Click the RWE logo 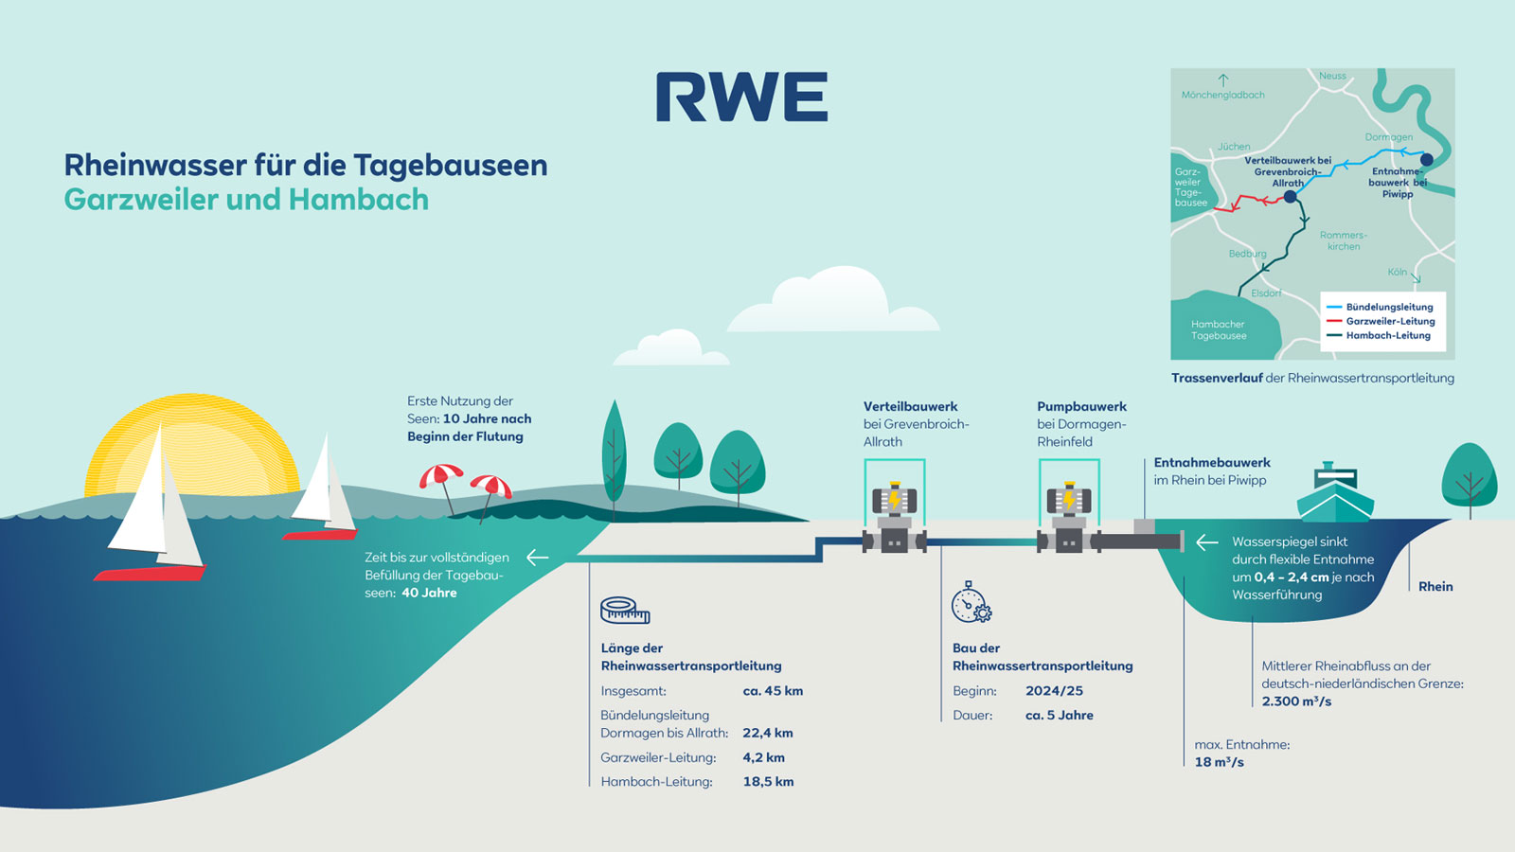[741, 97]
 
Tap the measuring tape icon [625, 611]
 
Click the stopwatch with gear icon [971, 603]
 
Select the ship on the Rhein [1335, 493]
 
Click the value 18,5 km [768, 782]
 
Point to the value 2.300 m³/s [1296, 701]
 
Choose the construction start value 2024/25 [1054, 691]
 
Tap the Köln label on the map [1398, 272]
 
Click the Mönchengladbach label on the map [1222, 95]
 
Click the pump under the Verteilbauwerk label [894, 519]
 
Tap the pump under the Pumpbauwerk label [1068, 519]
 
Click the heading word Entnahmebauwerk [1212, 463]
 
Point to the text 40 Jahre [429, 593]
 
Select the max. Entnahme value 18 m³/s [1219, 762]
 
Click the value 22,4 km [768, 733]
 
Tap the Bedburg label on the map [1247, 254]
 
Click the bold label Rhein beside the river [1435, 587]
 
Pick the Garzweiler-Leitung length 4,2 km [763, 757]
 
